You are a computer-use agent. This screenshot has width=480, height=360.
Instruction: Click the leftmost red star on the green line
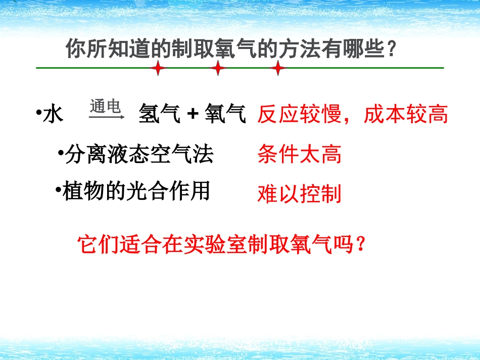[x=158, y=68]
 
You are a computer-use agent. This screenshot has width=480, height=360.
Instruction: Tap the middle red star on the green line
[x=218, y=68]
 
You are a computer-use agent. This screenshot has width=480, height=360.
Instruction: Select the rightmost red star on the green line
[x=277, y=68]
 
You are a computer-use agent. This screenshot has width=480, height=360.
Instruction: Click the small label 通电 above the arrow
[x=105, y=107]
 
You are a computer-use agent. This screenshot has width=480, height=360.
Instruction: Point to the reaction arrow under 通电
[x=107, y=117]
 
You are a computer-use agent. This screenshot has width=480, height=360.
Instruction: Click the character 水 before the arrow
[x=53, y=115]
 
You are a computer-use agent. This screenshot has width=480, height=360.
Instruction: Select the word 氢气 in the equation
[x=160, y=115]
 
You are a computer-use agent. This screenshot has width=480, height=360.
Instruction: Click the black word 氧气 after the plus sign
[x=225, y=115]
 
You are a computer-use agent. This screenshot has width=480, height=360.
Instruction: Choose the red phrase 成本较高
[x=406, y=115]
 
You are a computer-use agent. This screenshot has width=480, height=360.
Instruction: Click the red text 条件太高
[x=299, y=154]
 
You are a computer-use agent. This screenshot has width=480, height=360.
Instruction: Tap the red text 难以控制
[x=299, y=193]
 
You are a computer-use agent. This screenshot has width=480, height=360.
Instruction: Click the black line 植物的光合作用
[x=135, y=191]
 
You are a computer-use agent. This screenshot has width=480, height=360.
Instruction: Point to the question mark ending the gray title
[x=390, y=50]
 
